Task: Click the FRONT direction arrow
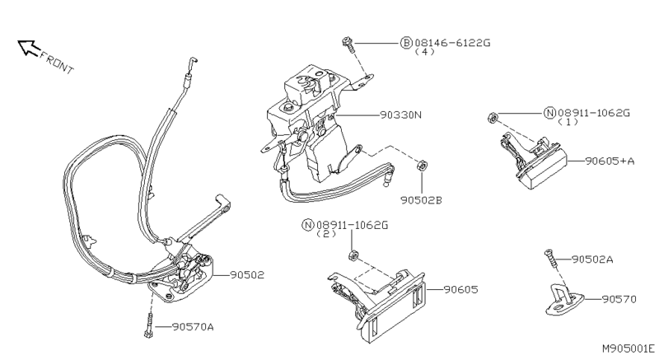coord(30,49)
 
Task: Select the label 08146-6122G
coord(456,41)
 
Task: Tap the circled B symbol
coord(406,41)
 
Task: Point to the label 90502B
coord(422,199)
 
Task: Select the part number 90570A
coord(193,327)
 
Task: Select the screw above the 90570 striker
coord(549,259)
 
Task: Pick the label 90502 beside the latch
coord(247,275)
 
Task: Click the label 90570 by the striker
coord(619,298)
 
